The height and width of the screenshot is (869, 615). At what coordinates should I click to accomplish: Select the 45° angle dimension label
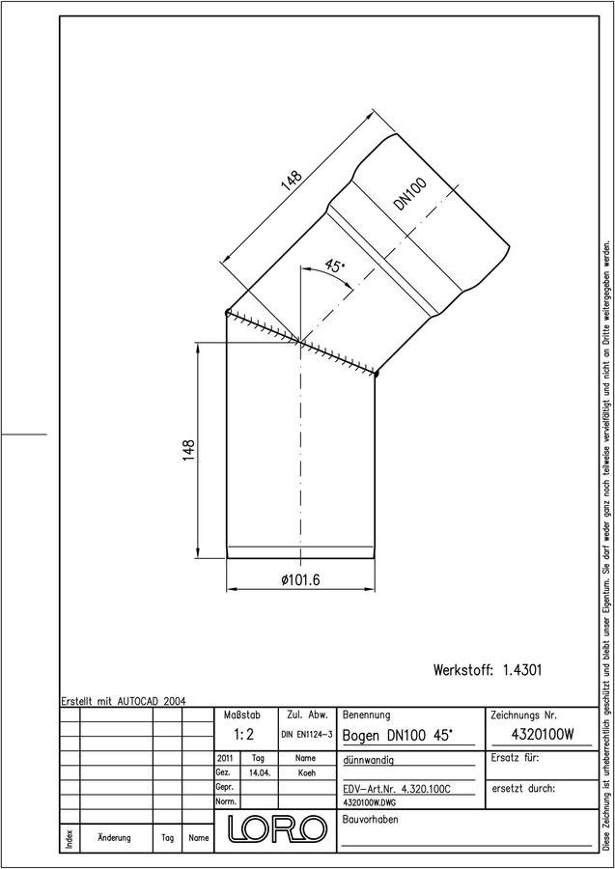click(334, 266)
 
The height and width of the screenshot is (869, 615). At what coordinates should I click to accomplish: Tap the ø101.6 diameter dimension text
click(301, 580)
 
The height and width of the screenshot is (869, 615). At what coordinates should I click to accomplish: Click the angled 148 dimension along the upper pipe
click(292, 180)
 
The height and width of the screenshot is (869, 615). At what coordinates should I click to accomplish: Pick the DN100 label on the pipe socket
click(410, 194)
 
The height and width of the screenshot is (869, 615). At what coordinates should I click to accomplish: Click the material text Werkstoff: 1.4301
click(488, 670)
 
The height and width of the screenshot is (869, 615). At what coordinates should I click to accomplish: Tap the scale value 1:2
click(244, 735)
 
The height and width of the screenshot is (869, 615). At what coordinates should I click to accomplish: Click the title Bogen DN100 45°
click(399, 736)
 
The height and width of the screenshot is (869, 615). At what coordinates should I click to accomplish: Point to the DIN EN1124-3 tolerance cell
click(307, 735)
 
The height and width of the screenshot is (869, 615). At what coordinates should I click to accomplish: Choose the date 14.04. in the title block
click(260, 772)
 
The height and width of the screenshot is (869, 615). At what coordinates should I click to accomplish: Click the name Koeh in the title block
click(306, 772)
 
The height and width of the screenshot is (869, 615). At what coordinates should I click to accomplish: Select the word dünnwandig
click(369, 761)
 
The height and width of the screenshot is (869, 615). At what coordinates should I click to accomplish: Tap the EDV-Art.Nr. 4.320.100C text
click(395, 789)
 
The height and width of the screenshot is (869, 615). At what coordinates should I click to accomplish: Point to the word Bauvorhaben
click(371, 819)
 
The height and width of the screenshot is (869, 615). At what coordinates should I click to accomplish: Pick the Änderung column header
click(114, 837)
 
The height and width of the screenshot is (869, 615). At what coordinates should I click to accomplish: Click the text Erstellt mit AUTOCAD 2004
click(124, 701)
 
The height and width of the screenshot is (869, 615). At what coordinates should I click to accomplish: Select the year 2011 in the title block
click(226, 758)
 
